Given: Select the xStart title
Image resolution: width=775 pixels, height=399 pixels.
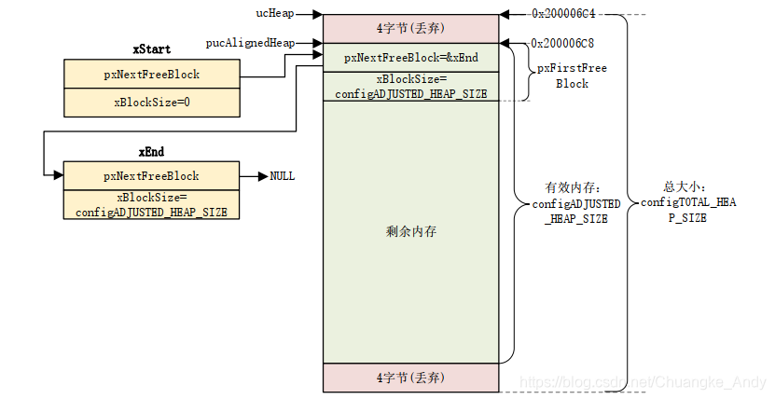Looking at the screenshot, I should click(x=151, y=48).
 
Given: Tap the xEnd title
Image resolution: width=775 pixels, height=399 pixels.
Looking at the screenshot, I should click(x=151, y=150).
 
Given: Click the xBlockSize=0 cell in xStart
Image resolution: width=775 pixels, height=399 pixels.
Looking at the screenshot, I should click(x=151, y=102).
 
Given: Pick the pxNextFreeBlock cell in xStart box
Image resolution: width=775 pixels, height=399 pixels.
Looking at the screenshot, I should click(x=151, y=74).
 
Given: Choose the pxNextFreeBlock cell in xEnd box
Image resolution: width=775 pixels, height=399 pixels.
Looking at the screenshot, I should click(x=151, y=175).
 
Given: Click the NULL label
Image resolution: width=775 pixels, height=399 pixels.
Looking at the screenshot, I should click(x=283, y=175).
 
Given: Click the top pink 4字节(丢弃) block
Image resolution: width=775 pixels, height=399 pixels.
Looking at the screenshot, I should click(x=410, y=28).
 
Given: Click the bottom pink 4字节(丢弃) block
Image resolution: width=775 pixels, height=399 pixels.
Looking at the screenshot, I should click(x=410, y=378).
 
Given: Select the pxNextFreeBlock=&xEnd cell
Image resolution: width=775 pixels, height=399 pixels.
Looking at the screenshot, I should click(x=410, y=58).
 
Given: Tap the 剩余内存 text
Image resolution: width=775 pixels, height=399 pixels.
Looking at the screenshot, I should click(x=410, y=231).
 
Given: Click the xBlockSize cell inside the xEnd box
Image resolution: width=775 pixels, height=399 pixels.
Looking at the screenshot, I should click(x=151, y=204).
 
